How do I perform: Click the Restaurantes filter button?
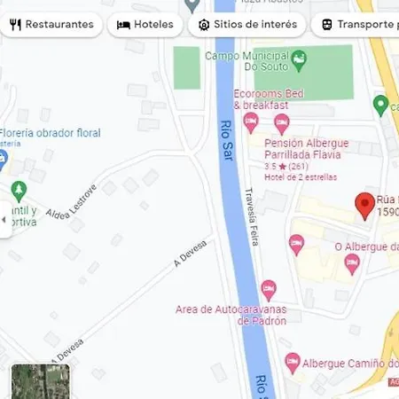[x=51, y=24]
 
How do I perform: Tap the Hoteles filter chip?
[x=145, y=24]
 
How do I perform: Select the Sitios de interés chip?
[x=247, y=24]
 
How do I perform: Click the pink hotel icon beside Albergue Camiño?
[x=293, y=362]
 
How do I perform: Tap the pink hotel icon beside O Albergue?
[x=351, y=262]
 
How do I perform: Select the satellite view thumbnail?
[x=40, y=381]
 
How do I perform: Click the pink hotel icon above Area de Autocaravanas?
[x=268, y=289]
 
